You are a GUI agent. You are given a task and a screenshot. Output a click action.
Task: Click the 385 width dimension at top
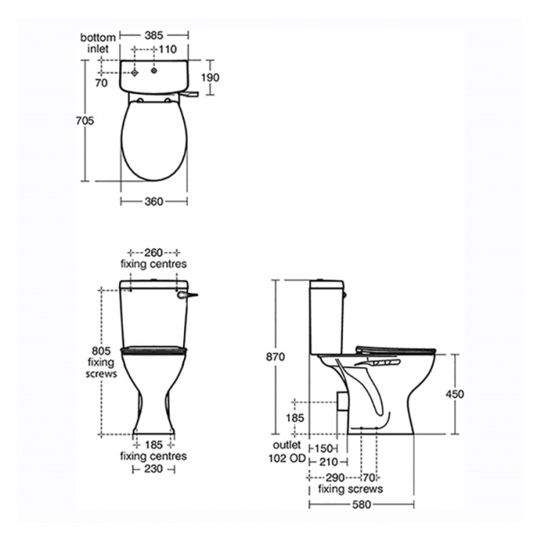(154, 37)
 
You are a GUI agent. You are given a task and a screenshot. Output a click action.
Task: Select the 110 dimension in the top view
(169, 49)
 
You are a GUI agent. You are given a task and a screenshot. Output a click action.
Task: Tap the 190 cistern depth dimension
(209, 77)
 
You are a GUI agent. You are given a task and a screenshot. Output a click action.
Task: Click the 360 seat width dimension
(154, 201)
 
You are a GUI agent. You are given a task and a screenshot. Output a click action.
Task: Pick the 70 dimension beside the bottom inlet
(102, 83)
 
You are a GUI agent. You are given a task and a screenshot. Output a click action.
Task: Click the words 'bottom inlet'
(97, 43)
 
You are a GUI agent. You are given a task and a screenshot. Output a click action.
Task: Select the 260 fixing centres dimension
(154, 252)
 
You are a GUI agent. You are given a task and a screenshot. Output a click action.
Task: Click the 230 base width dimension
(154, 469)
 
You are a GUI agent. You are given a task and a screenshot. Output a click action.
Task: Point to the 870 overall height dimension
(275, 356)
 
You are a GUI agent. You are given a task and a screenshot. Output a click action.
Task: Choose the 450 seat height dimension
(455, 394)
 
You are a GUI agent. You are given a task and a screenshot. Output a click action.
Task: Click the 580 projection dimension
(361, 504)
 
